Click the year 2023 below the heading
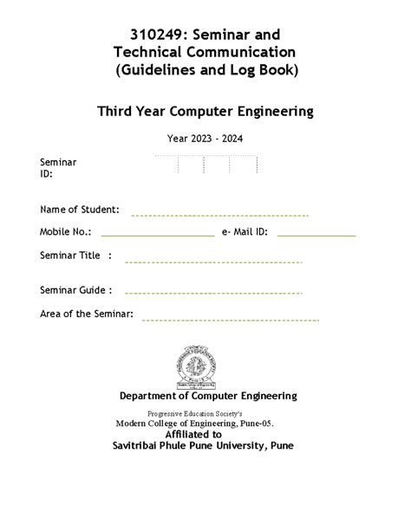pos(190,138)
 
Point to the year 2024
pos(228,138)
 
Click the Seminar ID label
pos(58,167)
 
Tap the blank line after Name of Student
pos(219,214)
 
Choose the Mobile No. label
pos(64,232)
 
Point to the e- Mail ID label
pos(245,232)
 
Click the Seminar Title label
pos(76,256)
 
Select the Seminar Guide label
pos(76,290)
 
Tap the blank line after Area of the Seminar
pos(230,319)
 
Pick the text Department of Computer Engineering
pos(208,396)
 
